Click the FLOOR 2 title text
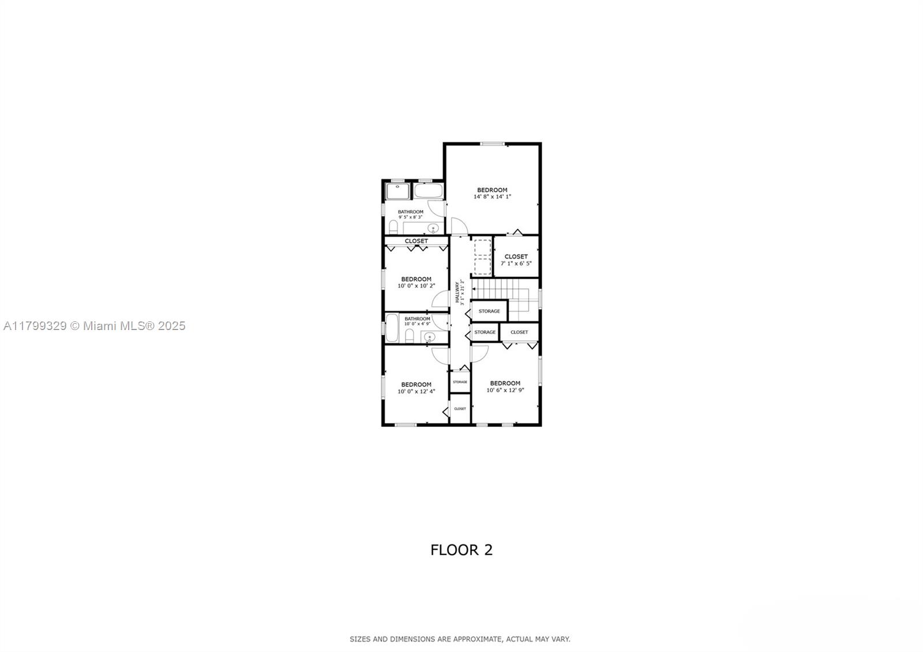tap(461, 550)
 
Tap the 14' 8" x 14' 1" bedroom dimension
tap(492, 197)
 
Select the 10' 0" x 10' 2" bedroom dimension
tap(416, 286)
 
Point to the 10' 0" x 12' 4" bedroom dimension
tap(416, 391)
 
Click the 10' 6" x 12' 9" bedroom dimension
tap(505, 390)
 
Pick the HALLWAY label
tap(457, 292)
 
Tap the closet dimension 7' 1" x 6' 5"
tap(516, 263)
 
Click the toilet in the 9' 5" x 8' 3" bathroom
tap(393, 227)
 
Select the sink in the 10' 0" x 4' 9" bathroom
tap(429, 338)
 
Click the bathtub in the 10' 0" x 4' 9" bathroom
tap(392, 328)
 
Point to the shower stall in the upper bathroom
tap(397, 192)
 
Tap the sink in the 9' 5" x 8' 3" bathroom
tap(433, 228)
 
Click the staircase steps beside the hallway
tap(505, 294)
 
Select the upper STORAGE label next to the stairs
tap(489, 311)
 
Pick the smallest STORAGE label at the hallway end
tap(460, 382)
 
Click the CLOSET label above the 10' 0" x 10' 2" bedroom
tap(416, 241)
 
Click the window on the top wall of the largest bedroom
tap(493, 144)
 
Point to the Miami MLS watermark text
tap(95, 326)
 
